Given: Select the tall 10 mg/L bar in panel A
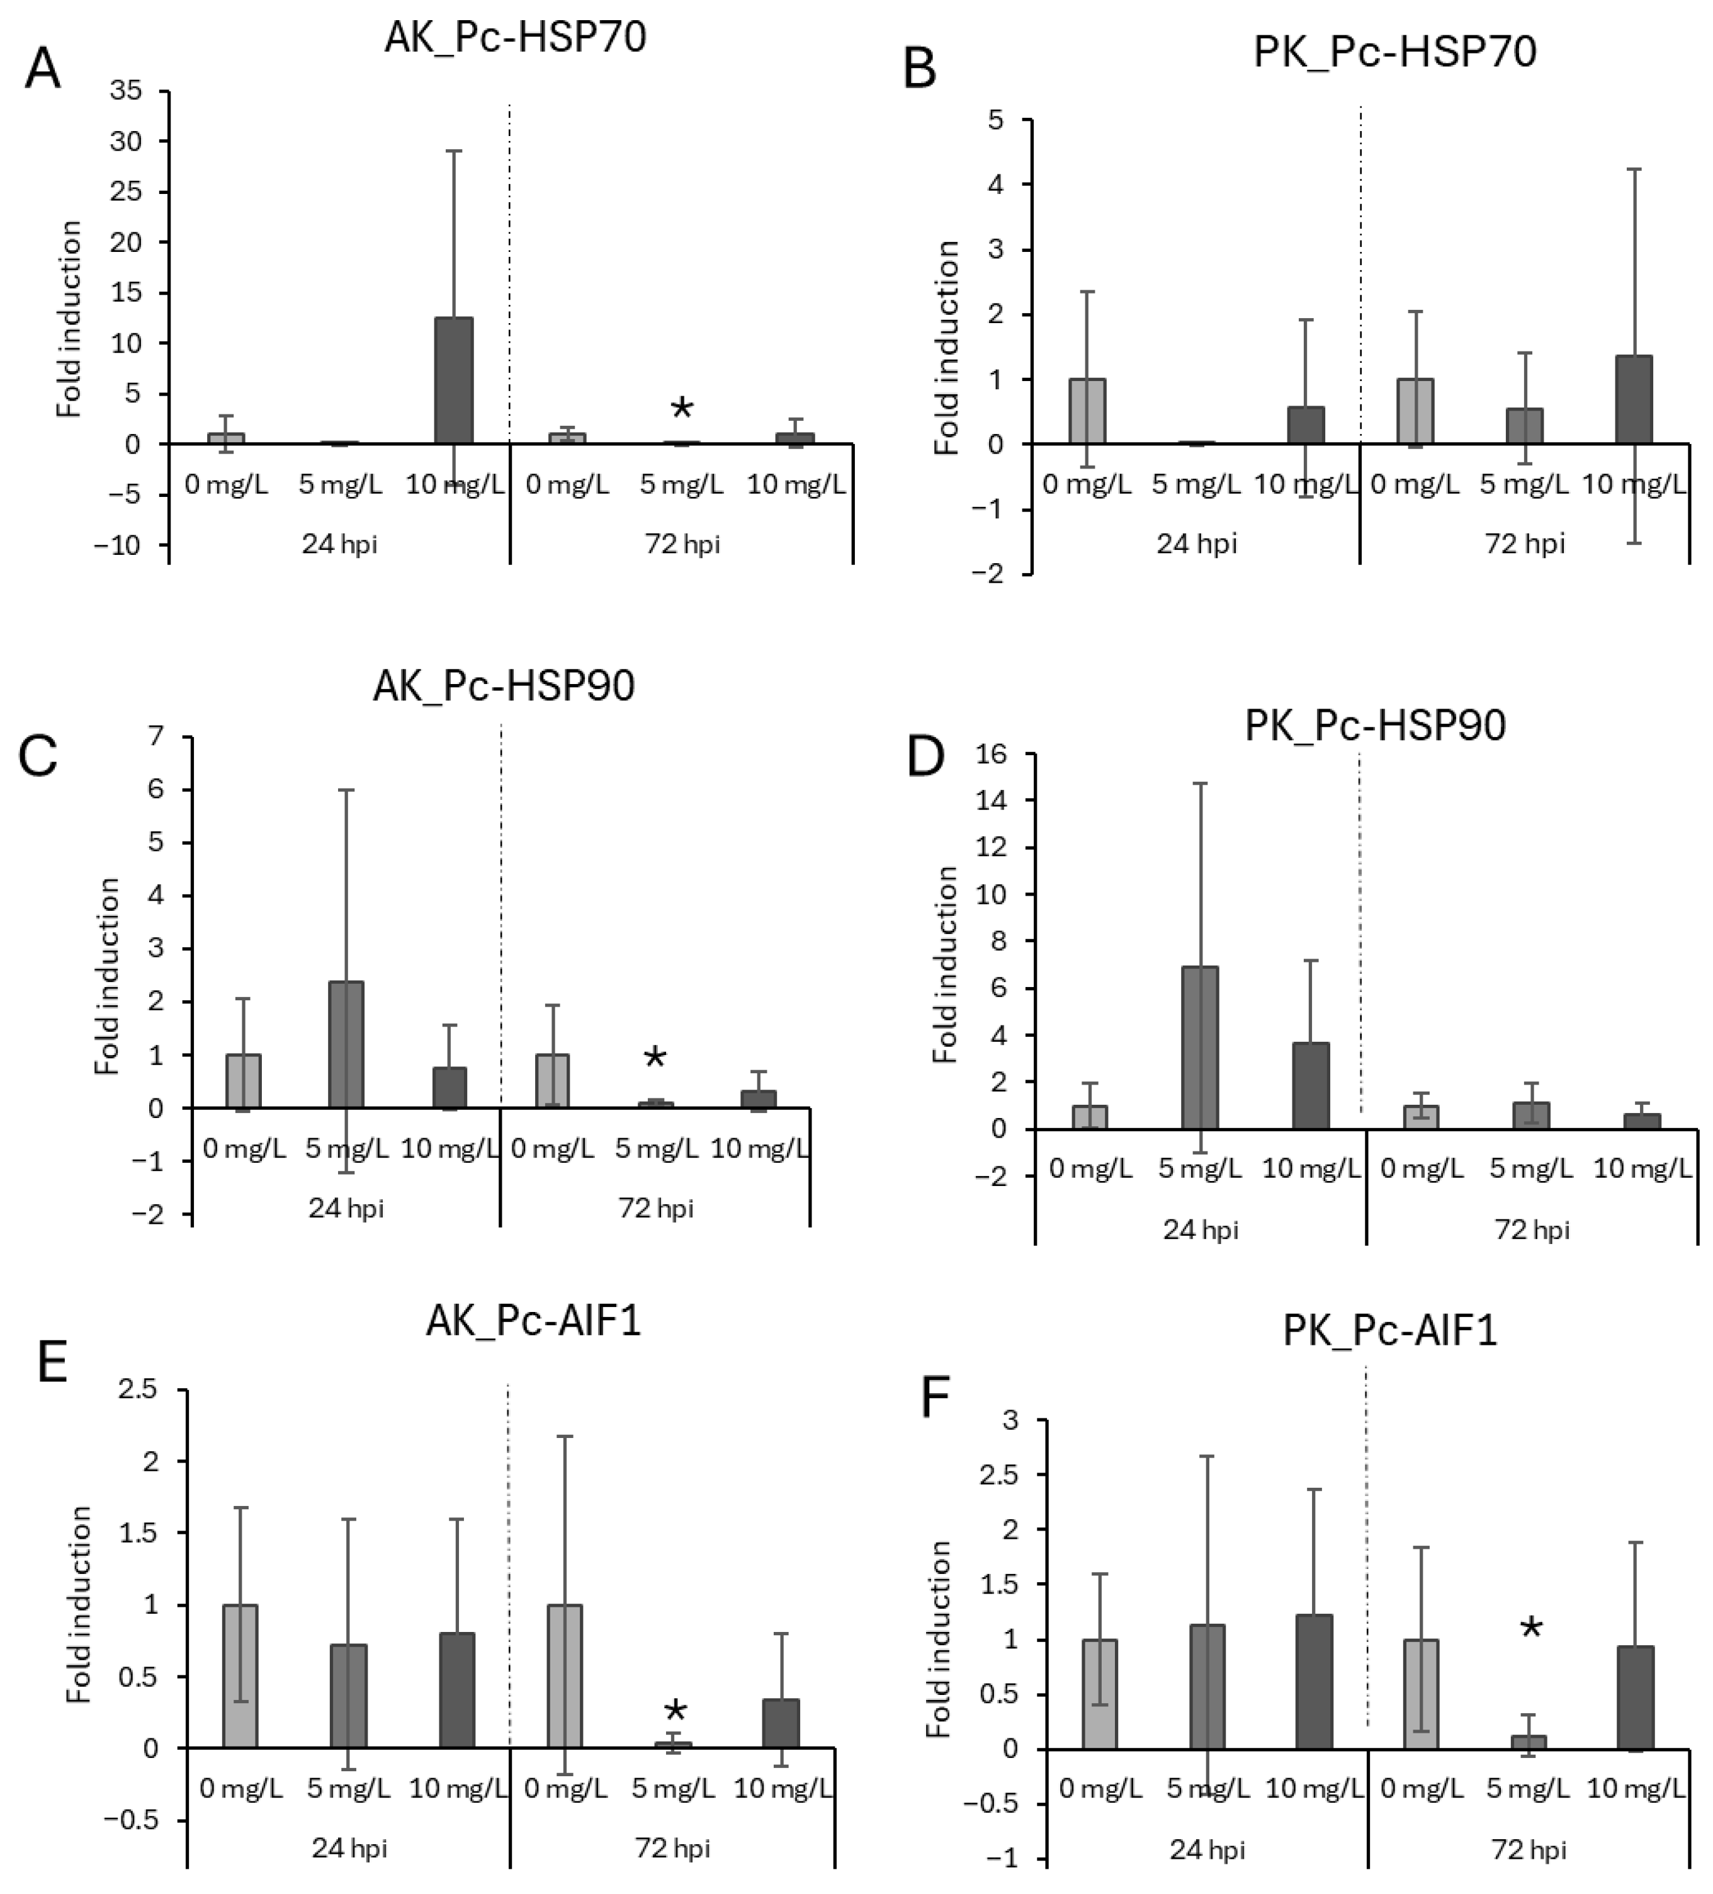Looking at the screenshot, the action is [x=454, y=380].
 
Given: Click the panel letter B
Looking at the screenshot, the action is [x=919, y=69].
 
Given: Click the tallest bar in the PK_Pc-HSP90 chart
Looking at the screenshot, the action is [x=1199, y=1047].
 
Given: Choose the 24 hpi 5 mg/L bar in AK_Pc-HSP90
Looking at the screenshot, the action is [x=346, y=1045].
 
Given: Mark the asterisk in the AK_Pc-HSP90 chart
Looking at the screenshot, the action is [x=655, y=1059].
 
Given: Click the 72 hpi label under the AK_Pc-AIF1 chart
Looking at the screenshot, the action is [x=672, y=1848].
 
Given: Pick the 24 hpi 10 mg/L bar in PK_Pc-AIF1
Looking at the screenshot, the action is [x=1314, y=1682].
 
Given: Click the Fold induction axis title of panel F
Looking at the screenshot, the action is [x=940, y=1640].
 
